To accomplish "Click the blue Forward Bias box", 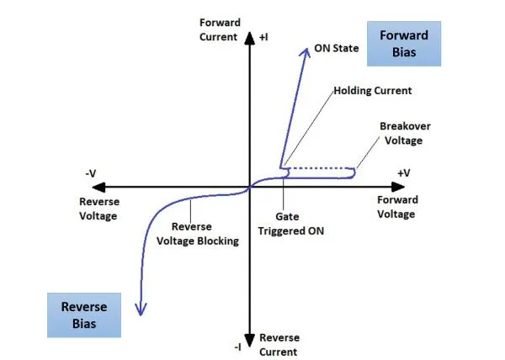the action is click(x=404, y=44).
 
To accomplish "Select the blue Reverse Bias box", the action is click(x=84, y=315).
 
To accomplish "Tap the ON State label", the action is click(x=337, y=48).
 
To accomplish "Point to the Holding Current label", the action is click(x=373, y=91).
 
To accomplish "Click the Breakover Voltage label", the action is click(x=405, y=133).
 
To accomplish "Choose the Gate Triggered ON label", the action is click(x=291, y=224).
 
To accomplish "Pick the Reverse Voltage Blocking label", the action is click(x=198, y=234).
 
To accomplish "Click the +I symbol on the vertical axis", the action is click(x=263, y=37).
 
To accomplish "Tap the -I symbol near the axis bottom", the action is click(x=237, y=347).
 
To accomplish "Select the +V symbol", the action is click(x=404, y=173).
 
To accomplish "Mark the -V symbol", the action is click(x=91, y=174).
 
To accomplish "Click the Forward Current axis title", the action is click(x=220, y=30).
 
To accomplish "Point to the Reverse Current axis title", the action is click(x=279, y=345).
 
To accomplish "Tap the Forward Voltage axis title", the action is click(x=397, y=207).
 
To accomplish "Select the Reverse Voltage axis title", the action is click(x=99, y=209).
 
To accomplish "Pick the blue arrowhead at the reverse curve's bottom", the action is click(x=141, y=310).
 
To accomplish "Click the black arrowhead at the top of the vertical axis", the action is click(x=250, y=39).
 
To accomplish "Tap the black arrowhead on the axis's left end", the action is click(x=98, y=187).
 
